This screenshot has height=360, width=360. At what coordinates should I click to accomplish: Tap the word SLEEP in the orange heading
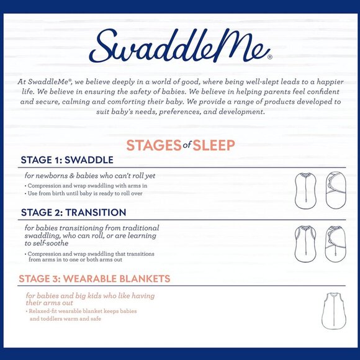213,145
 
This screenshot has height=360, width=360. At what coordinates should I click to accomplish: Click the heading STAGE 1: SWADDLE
67,160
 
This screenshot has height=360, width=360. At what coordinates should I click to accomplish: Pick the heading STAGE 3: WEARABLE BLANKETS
94,279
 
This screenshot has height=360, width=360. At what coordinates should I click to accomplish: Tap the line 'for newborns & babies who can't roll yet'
90,176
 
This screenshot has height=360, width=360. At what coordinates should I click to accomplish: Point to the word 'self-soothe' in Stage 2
47,243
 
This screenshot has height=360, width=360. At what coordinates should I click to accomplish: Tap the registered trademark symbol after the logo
269,56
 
